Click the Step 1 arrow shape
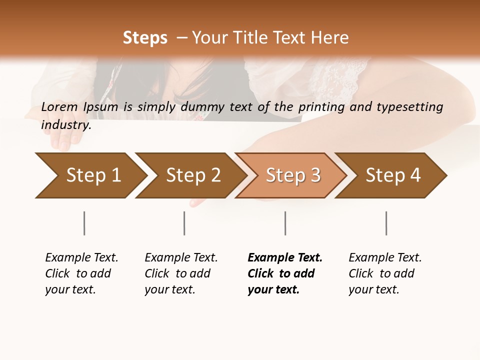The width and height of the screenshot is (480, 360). coord(90,175)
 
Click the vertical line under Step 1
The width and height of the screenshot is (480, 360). coord(84,223)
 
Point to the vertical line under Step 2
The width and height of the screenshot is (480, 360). coord(184,223)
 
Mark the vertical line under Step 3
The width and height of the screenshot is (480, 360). coord(285,223)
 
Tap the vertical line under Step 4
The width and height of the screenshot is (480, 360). coord(386,223)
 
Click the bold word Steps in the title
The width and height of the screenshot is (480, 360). coord(145,38)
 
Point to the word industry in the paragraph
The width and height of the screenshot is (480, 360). coord(66,125)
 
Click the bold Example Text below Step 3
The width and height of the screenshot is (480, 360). coord(285,257)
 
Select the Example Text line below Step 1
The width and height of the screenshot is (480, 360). coord(81,257)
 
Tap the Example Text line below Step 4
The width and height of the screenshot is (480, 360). coord(385,257)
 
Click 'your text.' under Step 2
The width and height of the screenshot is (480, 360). coord(169,289)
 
